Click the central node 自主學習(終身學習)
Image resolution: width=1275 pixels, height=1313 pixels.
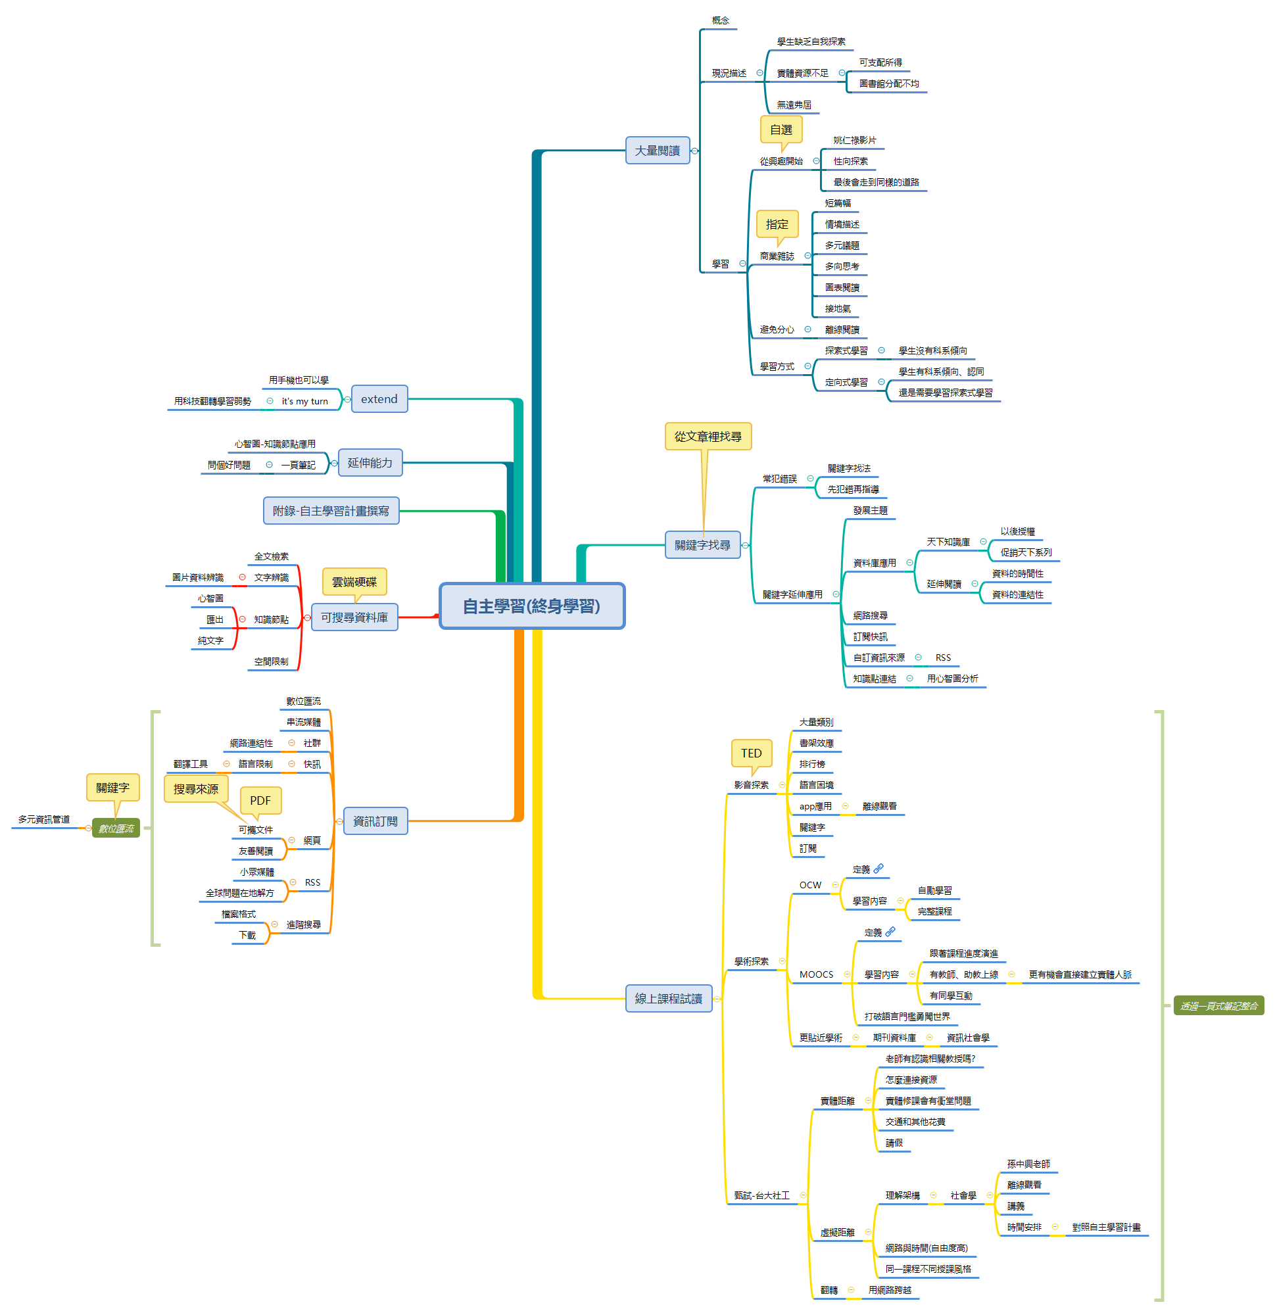pos(531,606)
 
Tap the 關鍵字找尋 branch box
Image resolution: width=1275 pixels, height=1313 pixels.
pos(702,544)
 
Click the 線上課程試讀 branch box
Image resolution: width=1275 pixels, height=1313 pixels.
pos(668,998)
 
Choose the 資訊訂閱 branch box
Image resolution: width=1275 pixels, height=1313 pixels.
pos(375,821)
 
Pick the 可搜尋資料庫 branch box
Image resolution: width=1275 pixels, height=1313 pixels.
pos(354,617)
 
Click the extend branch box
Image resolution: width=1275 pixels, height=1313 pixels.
pos(379,398)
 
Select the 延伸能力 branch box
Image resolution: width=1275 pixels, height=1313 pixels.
pos(370,462)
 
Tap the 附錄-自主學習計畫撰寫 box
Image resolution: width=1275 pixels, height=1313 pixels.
pos(331,510)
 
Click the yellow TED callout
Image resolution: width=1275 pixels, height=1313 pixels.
pos(751,753)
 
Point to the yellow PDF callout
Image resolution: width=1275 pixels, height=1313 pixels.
pos(260,801)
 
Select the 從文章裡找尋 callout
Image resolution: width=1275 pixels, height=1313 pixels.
pos(708,437)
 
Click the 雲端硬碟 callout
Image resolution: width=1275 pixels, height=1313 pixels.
pos(354,582)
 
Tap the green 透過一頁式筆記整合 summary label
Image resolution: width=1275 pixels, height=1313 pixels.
pos(1218,1005)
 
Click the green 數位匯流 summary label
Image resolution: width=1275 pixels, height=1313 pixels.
pos(116,828)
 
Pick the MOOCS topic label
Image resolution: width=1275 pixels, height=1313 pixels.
pos(816,974)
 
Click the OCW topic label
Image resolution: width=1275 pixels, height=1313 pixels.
pos(810,885)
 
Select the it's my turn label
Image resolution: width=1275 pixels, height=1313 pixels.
pos(305,401)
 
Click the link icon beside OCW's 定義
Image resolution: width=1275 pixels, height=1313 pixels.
pos(878,869)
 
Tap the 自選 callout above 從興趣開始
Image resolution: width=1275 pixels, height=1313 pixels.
pos(781,130)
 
